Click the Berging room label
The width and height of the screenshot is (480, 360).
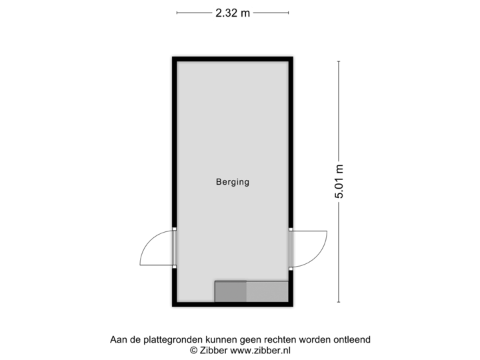point(232,181)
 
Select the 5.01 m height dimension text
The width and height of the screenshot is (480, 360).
point(339,181)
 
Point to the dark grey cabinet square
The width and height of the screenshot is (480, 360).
point(231,291)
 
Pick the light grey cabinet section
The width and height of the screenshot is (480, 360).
point(267,291)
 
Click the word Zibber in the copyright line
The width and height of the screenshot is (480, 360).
point(213,349)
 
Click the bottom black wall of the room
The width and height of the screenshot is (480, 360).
point(233,305)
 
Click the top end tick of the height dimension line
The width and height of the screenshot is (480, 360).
point(339,61)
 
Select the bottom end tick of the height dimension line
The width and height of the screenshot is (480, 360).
point(339,302)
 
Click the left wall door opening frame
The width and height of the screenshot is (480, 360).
point(174,248)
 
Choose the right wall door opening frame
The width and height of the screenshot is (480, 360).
point(292,248)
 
